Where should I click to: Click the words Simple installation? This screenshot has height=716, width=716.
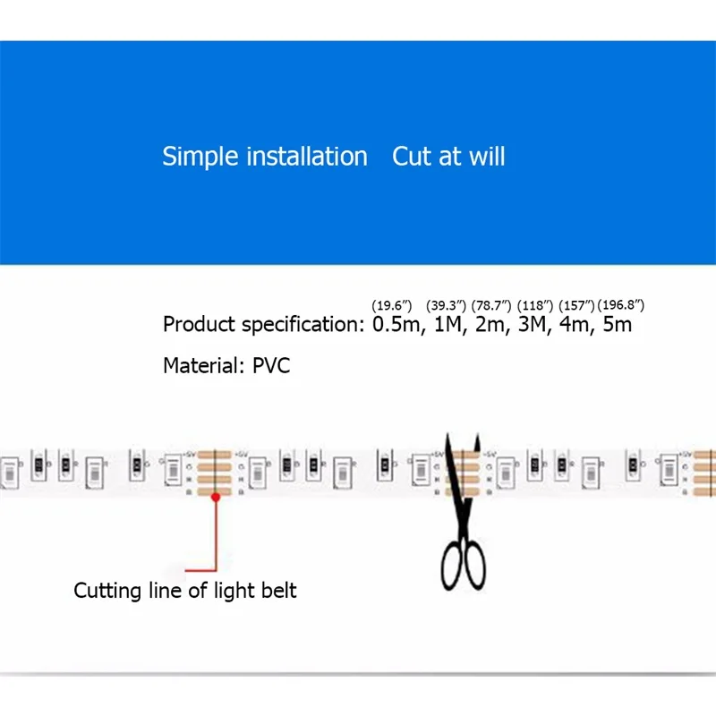(x=264, y=157)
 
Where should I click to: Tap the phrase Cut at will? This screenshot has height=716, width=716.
(x=448, y=157)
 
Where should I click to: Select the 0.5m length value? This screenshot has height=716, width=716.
(x=396, y=324)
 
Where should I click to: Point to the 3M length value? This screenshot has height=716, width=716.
(x=535, y=324)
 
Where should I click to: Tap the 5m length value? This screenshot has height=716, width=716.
(x=617, y=324)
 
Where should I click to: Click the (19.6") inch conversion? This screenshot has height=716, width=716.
(x=391, y=305)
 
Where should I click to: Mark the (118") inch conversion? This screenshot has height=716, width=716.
(x=535, y=305)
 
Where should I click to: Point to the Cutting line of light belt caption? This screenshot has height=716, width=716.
(x=184, y=591)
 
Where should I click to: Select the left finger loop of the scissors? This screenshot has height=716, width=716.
(x=451, y=568)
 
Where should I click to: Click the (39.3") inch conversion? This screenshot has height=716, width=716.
(x=446, y=305)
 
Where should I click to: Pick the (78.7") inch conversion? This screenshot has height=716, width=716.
(x=491, y=305)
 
